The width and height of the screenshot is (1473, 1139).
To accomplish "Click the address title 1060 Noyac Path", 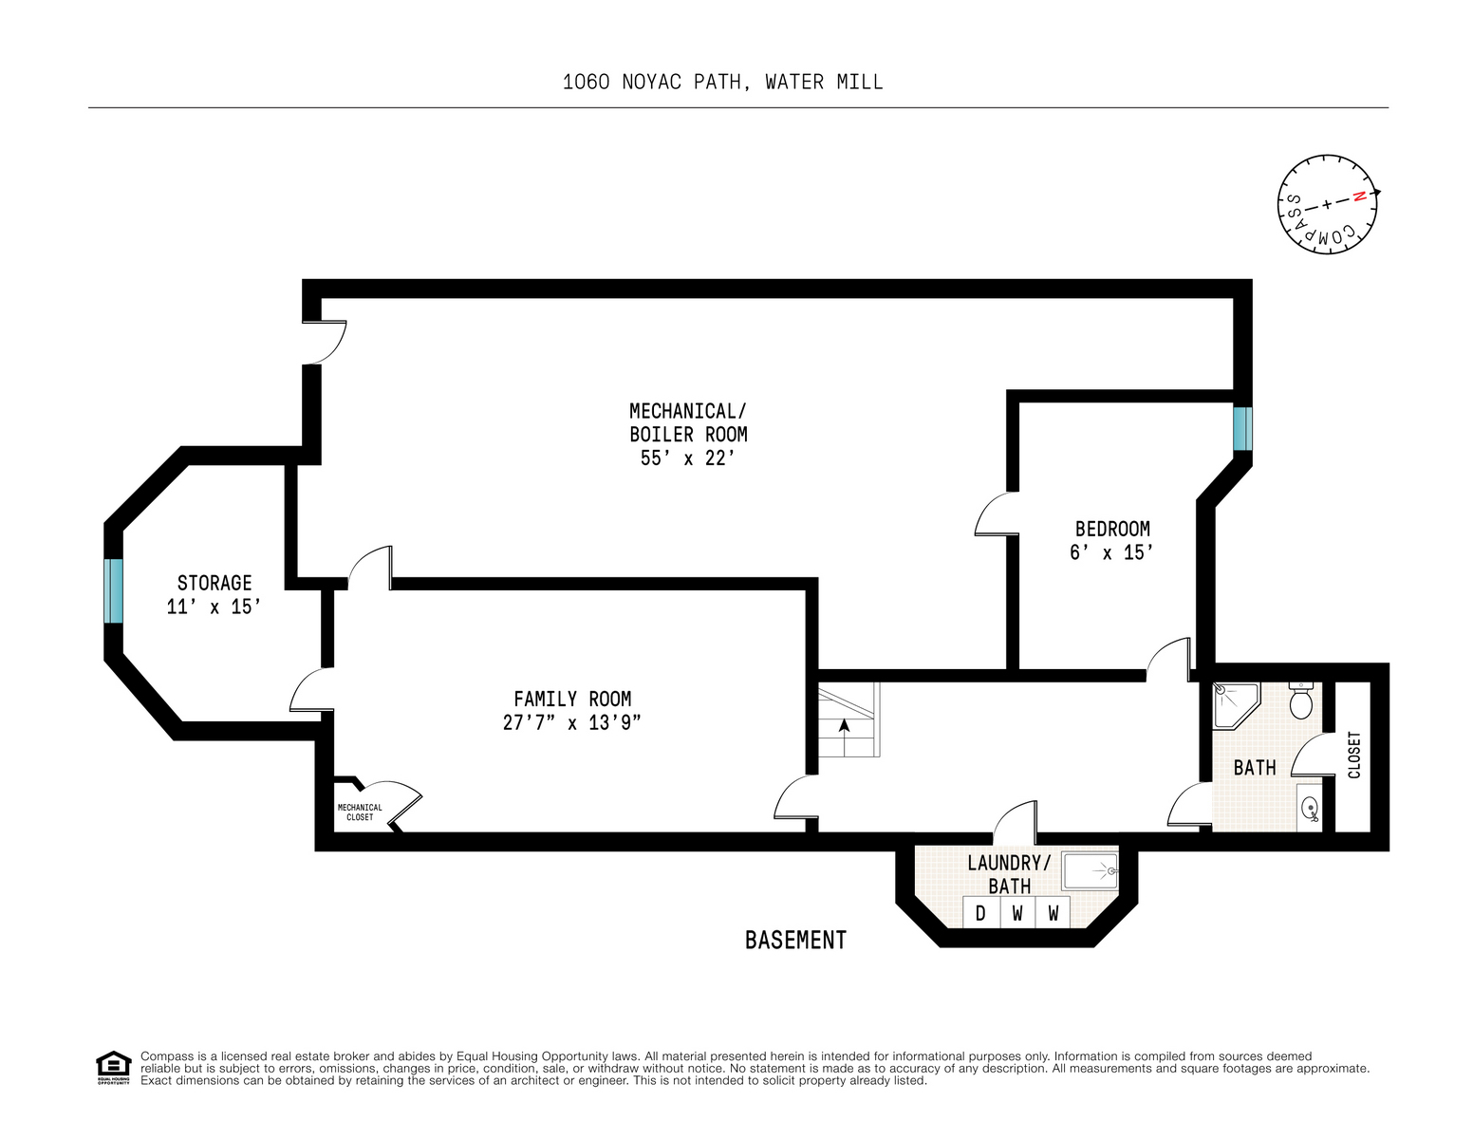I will (722, 83).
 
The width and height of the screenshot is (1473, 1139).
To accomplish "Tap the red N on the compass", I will (1359, 196).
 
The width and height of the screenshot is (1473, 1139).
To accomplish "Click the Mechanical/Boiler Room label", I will (688, 422).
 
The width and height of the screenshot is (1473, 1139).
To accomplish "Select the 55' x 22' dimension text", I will (688, 458).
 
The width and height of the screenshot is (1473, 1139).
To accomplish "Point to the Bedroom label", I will (1112, 529).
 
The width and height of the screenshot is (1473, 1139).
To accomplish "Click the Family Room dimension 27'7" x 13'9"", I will (572, 722).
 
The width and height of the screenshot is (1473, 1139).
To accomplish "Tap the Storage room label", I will (214, 583).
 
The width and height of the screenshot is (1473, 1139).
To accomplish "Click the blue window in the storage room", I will (114, 590).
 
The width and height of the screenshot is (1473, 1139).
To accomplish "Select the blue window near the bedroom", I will (1242, 429).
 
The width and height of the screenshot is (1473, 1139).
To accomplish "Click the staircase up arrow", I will (844, 726).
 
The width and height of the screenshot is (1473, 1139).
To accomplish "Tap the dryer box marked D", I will (980, 913).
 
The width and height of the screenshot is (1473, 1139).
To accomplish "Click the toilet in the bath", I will (1300, 702).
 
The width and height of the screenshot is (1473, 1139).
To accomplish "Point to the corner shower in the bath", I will (1234, 703).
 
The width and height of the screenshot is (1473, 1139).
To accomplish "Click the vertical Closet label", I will (1354, 755).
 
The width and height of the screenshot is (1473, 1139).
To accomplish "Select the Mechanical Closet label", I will (360, 812).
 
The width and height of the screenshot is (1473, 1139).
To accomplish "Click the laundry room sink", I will (1091, 869).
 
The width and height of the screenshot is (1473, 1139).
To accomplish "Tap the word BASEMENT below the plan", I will (795, 940).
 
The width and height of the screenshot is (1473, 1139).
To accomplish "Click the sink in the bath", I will (1310, 809).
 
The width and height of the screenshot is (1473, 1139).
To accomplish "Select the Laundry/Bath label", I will (1009, 874).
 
